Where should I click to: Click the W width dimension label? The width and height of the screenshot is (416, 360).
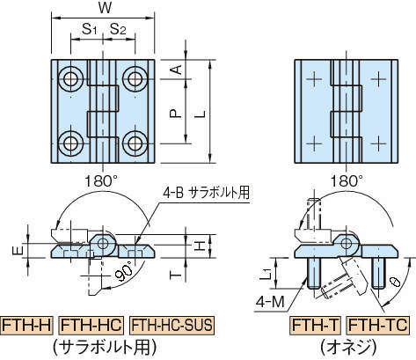105,8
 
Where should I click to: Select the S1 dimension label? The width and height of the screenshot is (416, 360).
89,29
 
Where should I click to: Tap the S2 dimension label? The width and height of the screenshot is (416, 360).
118,29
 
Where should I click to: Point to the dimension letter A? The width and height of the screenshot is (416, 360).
176,70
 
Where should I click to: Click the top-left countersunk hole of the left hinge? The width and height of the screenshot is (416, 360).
70,78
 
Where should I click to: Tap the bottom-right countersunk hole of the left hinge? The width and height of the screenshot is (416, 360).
135,143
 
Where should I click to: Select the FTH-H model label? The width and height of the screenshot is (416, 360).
26,326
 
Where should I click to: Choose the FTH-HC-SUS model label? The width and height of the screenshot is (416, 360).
172,326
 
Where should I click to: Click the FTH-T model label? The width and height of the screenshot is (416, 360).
315,326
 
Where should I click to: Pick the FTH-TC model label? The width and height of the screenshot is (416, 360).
377,326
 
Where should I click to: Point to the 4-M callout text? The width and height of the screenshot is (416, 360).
270,302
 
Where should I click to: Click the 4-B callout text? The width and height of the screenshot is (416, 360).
172,193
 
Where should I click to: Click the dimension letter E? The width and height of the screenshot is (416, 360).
18,251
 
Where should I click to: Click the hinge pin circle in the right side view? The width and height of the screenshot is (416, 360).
347,243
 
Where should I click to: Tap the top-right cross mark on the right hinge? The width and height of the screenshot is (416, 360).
378,78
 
